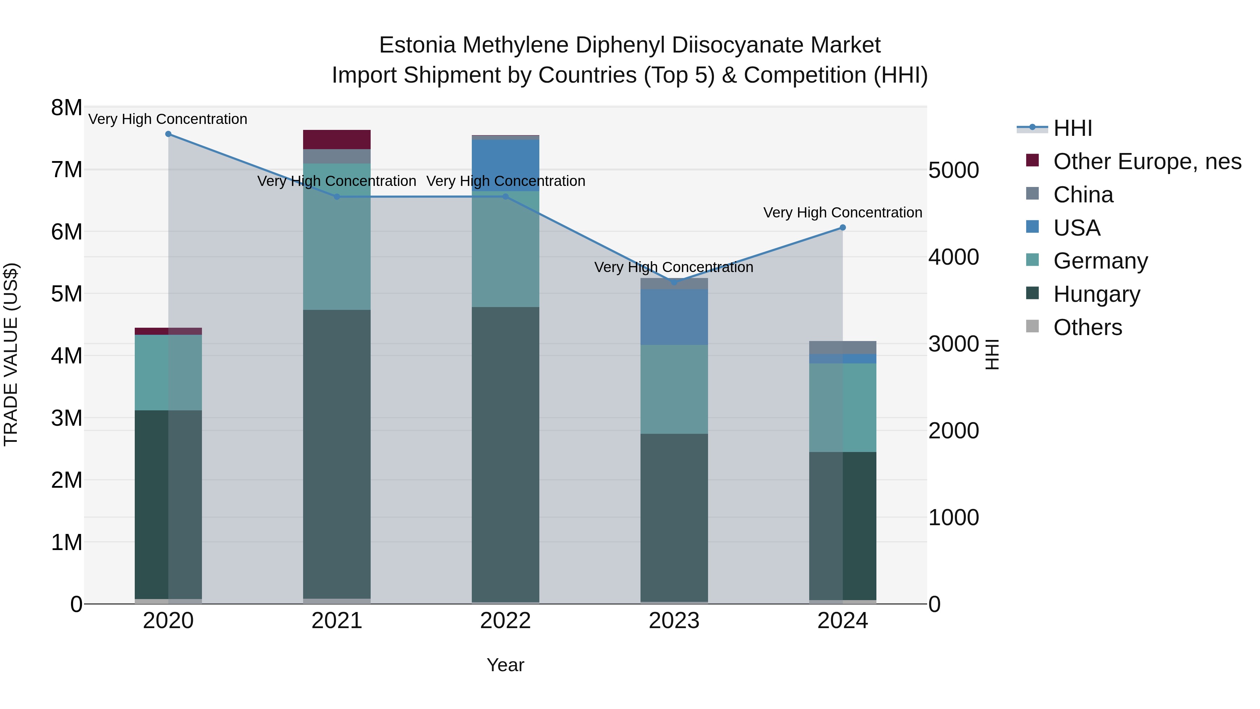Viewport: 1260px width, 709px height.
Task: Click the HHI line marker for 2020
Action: [168, 134]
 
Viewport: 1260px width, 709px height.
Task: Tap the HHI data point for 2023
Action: [674, 282]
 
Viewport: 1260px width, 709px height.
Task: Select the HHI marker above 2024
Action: [843, 228]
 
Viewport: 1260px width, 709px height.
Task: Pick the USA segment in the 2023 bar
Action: [674, 317]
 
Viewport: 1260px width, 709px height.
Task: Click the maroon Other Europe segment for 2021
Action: [337, 139]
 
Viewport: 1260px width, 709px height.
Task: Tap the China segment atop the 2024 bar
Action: [843, 347]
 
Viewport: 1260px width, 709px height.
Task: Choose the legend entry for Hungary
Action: [1096, 294]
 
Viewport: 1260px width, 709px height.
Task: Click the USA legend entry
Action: [1077, 228]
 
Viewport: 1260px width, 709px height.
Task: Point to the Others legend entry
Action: [1087, 327]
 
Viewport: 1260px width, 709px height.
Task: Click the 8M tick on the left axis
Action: [66, 107]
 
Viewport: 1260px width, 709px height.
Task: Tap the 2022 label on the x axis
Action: [505, 621]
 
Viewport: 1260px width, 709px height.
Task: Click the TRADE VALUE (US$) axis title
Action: [11, 354]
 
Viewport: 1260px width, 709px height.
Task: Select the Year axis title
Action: [505, 665]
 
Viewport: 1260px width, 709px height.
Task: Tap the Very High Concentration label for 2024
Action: [843, 213]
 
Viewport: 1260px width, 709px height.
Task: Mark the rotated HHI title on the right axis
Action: [992, 354]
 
